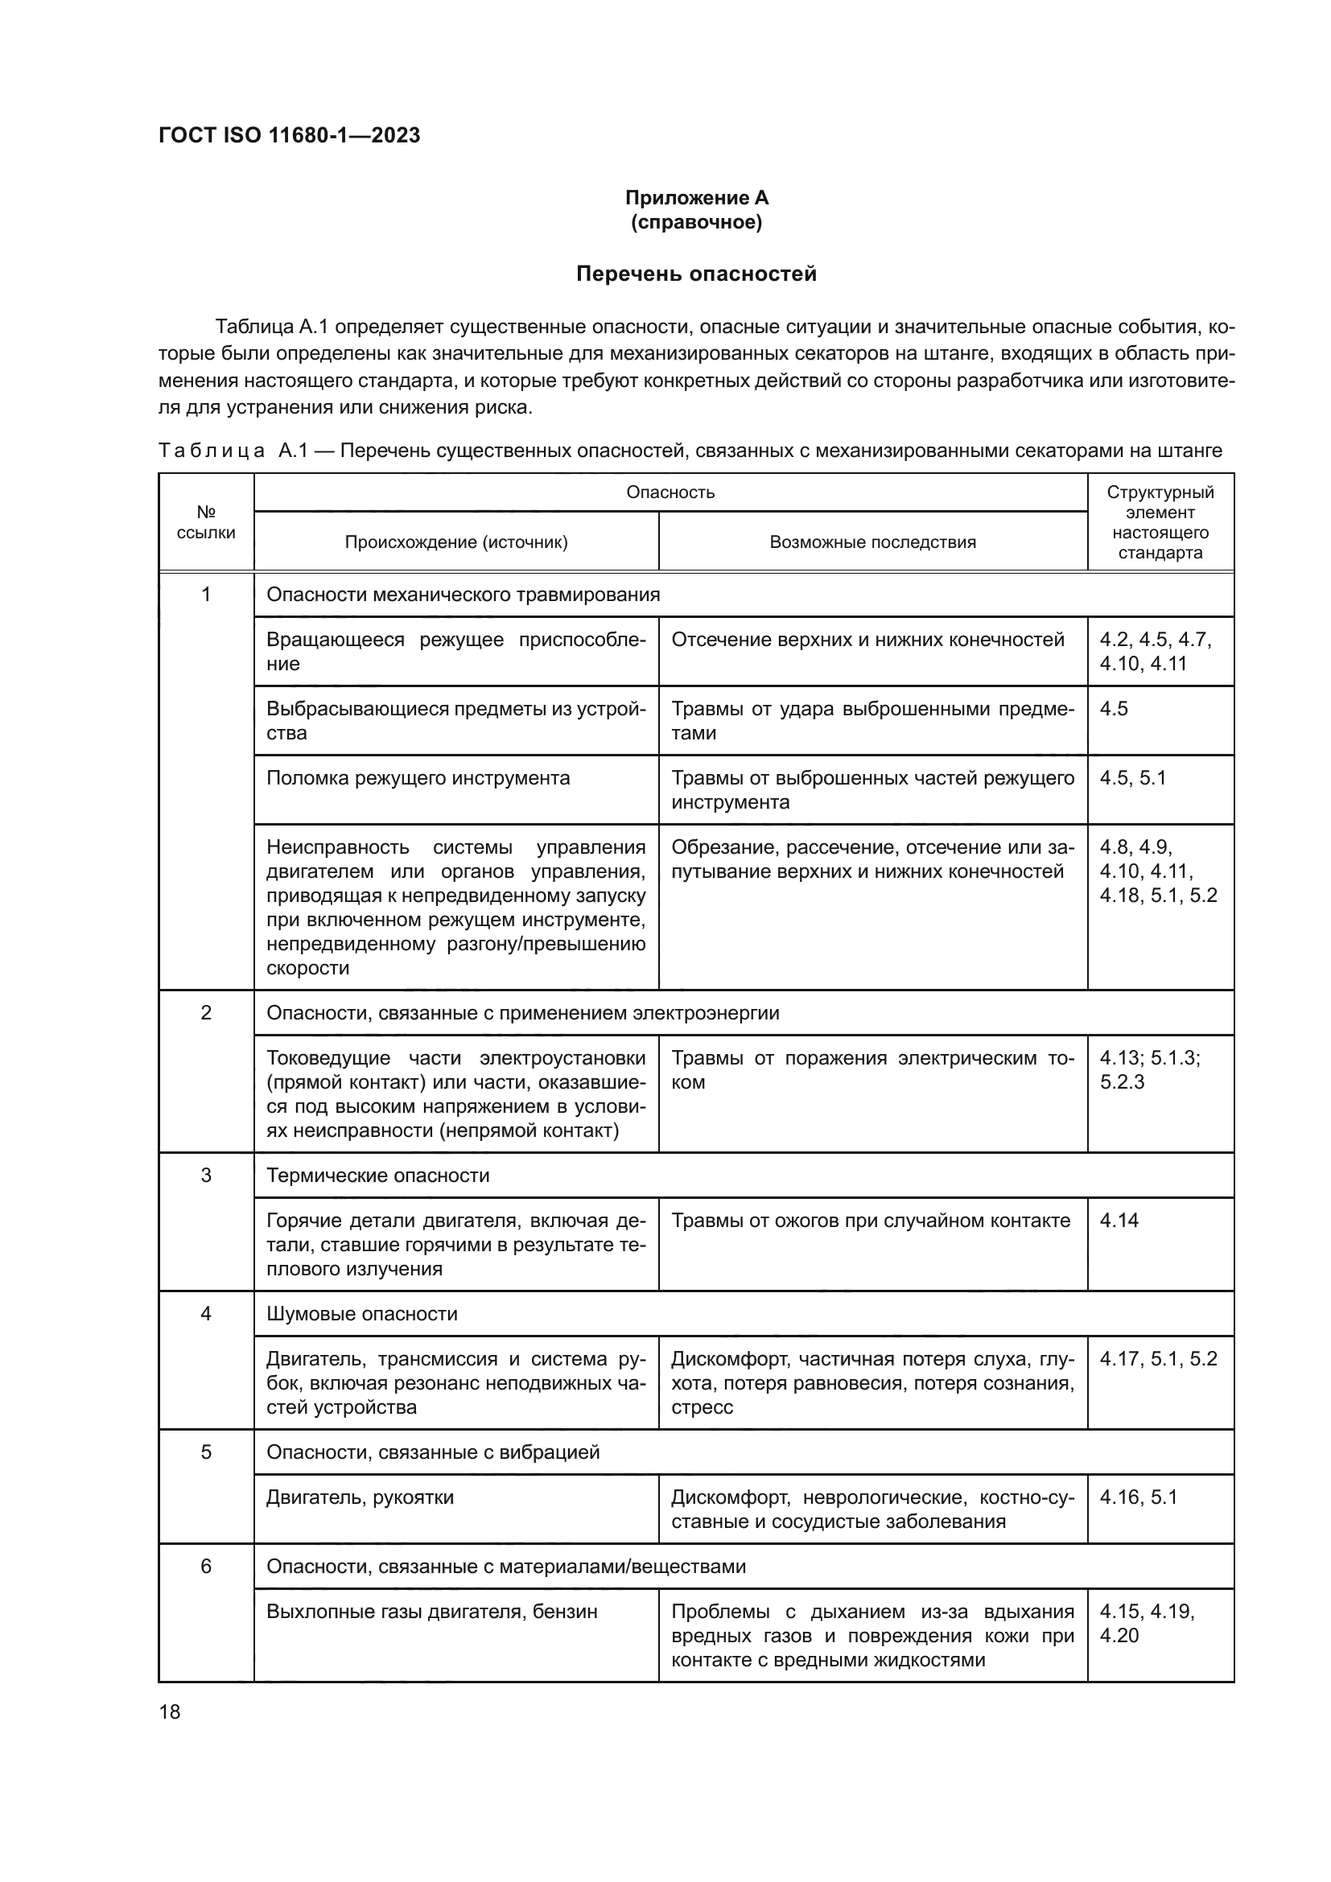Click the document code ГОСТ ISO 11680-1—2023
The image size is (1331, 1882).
(x=289, y=135)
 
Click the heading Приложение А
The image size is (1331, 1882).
(x=696, y=198)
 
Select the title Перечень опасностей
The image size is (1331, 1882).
(x=696, y=274)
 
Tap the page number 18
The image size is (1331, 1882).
(x=170, y=1711)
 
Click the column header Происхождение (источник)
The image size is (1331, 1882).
(x=455, y=542)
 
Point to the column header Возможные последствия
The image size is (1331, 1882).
(x=872, y=542)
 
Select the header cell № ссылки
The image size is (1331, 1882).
(x=206, y=522)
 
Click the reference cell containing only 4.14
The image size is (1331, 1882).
(x=1119, y=1221)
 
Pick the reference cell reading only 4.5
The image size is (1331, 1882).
(x=1114, y=709)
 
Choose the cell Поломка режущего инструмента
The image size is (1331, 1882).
(x=418, y=778)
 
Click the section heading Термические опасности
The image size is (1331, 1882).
(x=378, y=1176)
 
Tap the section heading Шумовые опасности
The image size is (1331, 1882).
(x=361, y=1314)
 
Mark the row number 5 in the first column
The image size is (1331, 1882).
(x=206, y=1452)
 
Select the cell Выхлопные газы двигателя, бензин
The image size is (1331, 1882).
(x=431, y=1612)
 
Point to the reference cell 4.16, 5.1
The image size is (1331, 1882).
(x=1138, y=1497)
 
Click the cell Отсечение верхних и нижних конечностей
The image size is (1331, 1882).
(x=867, y=640)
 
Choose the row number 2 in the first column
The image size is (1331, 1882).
(x=206, y=1013)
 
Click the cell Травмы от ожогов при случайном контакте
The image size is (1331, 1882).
(x=871, y=1221)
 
